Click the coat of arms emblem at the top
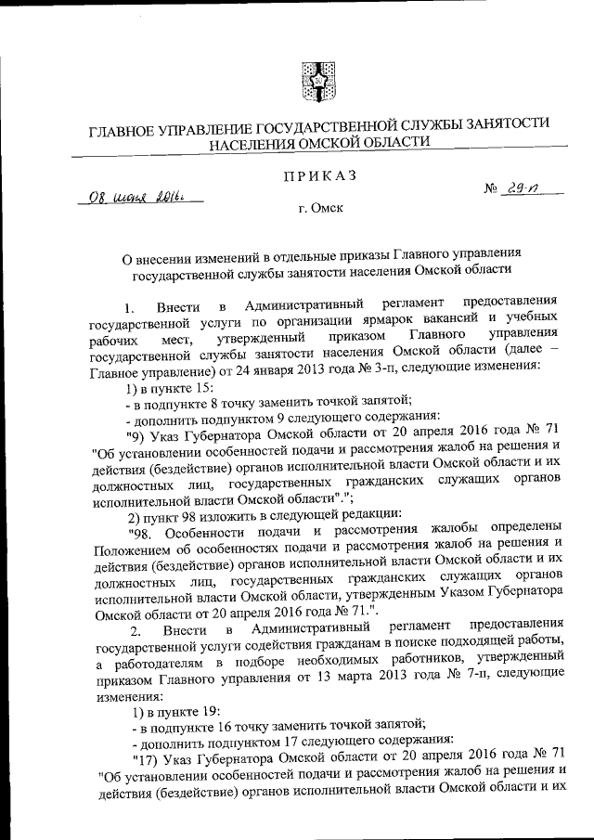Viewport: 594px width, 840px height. (316, 76)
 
